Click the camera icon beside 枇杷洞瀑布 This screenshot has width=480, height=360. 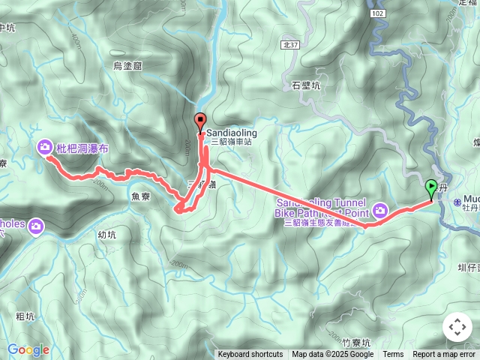tap(45, 148)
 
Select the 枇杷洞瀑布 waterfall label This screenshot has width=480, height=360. tap(82, 149)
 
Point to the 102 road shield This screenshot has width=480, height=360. tap(377, 13)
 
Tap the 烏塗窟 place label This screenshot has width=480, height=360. tap(127, 66)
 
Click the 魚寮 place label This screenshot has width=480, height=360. tap(141, 197)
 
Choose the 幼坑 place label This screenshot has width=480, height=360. tap(106, 234)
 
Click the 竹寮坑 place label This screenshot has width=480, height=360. tap(355, 343)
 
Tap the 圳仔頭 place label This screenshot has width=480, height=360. tap(471, 267)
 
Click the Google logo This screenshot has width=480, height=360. tap(28, 349)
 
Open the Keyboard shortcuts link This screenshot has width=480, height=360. tap(250, 355)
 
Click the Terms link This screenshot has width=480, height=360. tap(393, 355)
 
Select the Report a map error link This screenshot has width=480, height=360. tap(445, 355)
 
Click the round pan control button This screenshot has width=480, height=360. tap(457, 327)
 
